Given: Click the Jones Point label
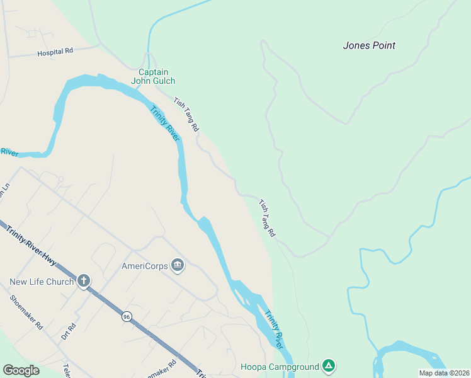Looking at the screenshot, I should click(369, 45).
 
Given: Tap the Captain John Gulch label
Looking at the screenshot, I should click(153, 76).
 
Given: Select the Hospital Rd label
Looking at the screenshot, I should click(55, 52).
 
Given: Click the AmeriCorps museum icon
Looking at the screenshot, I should click(178, 265).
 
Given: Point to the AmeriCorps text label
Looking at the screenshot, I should click(144, 266).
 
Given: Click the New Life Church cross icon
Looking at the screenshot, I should click(84, 281).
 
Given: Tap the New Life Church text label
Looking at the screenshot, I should click(42, 282).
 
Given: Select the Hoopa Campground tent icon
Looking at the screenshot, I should click(327, 365).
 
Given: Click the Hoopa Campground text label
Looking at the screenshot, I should click(280, 366).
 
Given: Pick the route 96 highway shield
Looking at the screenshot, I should click(127, 317).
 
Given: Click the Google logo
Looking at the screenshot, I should click(21, 370).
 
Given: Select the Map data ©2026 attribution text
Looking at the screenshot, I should click(444, 373).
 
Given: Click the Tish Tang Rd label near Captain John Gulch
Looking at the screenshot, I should click(186, 114).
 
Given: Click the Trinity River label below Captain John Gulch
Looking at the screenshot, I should click(164, 123).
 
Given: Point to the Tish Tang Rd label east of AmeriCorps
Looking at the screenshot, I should click(267, 218).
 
